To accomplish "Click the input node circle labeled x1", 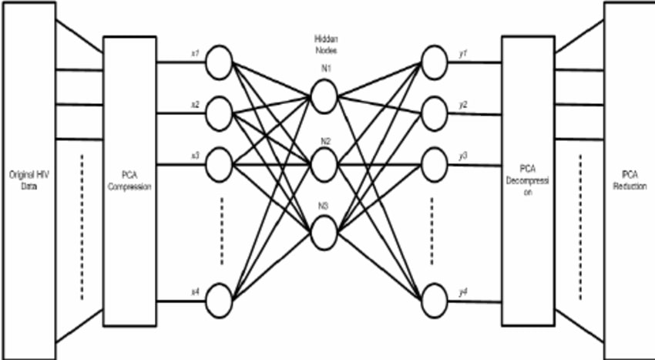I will click(x=220, y=62).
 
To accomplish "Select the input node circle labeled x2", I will click(x=220, y=113).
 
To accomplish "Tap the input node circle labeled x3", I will click(x=220, y=163).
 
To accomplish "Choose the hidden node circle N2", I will click(x=324, y=163).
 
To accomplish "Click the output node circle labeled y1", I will click(x=435, y=62).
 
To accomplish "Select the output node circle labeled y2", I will click(x=435, y=113).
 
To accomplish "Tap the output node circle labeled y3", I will click(x=435, y=163).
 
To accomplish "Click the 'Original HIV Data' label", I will click(x=29, y=180).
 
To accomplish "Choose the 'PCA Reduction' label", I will click(x=630, y=180).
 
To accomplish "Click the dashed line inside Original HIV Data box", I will click(x=79, y=231).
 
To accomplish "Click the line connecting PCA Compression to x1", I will click(x=181, y=62).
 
